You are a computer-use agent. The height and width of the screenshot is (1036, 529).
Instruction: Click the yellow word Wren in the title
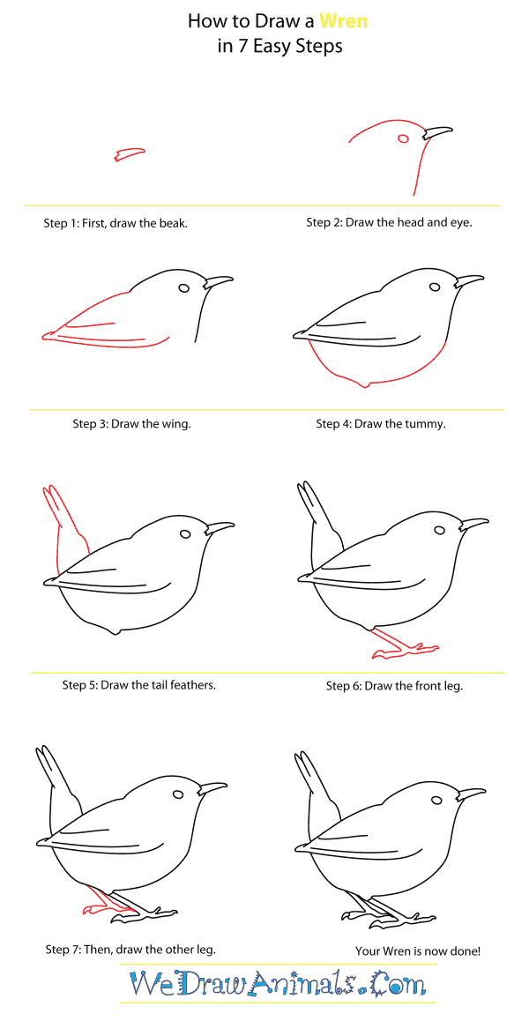[x=343, y=21]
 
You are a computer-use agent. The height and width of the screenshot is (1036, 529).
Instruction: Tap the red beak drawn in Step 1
[x=130, y=155]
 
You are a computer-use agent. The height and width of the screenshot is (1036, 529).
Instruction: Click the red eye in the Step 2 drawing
[x=404, y=138]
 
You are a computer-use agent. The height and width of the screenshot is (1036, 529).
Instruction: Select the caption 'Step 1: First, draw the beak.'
[x=115, y=223]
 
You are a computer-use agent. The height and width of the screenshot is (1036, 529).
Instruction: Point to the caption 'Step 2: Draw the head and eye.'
[x=389, y=222]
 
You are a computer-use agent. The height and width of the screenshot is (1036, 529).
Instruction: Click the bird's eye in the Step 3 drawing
[x=184, y=287]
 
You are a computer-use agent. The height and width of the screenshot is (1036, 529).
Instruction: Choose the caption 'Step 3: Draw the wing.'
[x=131, y=424]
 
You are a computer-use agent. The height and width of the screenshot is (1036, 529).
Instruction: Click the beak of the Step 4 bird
[x=468, y=281]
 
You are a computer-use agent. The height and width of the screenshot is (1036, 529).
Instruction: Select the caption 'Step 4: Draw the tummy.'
[x=381, y=424]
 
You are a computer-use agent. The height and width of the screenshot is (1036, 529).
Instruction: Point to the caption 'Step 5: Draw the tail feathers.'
[x=138, y=684]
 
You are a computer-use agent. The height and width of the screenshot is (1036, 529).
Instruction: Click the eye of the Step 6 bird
[x=440, y=530]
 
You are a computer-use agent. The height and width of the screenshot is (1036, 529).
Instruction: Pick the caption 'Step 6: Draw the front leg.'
[x=394, y=685]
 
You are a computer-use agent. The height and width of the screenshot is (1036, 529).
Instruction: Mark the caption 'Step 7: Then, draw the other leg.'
[x=130, y=950]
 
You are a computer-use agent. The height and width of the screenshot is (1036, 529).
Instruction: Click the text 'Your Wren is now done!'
[x=418, y=950]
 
